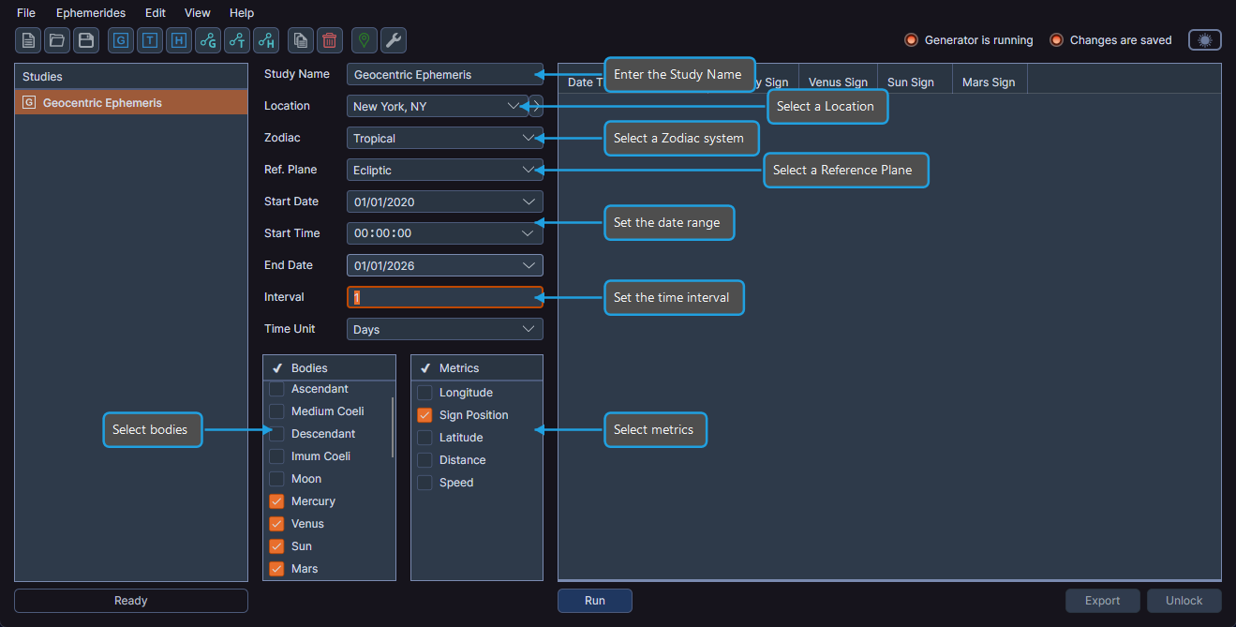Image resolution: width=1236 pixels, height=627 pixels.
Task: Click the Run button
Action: (594, 601)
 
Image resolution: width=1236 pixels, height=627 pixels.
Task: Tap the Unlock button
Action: (1184, 601)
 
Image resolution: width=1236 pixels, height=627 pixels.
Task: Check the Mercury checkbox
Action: (276, 501)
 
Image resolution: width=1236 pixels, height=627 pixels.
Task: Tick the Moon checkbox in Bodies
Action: (276, 479)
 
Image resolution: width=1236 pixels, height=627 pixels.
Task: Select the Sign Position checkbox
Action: (424, 415)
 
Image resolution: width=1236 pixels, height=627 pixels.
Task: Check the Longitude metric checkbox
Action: (424, 393)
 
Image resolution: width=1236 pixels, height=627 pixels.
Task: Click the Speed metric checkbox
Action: (424, 483)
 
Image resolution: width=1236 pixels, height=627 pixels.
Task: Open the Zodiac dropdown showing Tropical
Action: (444, 139)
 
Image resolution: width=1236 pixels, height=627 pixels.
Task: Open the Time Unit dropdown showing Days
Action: (444, 330)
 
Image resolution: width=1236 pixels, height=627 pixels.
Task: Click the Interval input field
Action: (444, 297)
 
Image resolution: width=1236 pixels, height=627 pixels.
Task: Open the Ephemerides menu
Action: (90, 13)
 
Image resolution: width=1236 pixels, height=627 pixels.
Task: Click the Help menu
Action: (242, 13)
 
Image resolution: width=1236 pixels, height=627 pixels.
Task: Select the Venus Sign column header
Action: (838, 82)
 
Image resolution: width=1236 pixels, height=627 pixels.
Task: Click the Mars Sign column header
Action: (989, 82)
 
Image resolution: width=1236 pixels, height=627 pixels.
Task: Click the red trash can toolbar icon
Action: (330, 40)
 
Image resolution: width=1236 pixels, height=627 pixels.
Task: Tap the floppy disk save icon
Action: (86, 40)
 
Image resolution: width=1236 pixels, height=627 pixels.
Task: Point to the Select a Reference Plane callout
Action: (845, 171)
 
